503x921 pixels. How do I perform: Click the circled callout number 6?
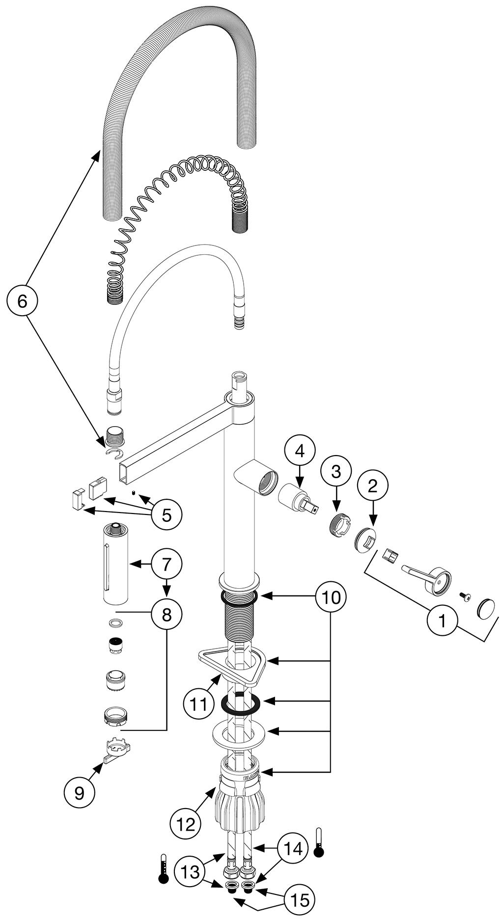23,301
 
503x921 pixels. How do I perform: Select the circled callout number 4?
300,450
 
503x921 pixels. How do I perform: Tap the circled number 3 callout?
335,472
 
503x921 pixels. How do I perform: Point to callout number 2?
372,486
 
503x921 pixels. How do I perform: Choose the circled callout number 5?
167,515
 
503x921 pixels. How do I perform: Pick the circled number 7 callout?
167,564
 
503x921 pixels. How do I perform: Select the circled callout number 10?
331,597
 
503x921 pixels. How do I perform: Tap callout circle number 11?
199,704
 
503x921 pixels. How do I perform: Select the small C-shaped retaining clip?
114,454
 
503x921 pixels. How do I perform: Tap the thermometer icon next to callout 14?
319,842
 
